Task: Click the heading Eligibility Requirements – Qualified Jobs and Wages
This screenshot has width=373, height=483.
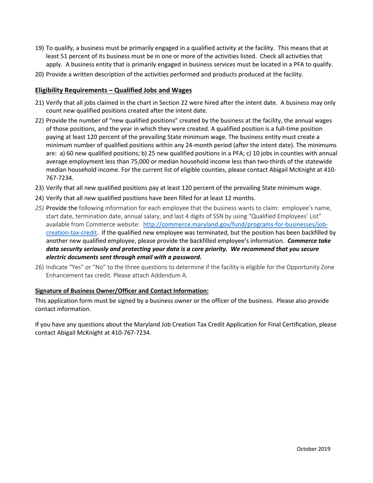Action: pyautogui.click(x=113, y=90)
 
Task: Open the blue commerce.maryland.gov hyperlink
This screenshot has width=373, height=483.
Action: pyautogui.click(x=235, y=225)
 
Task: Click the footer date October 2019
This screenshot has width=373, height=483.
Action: pyautogui.click(x=313, y=449)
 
